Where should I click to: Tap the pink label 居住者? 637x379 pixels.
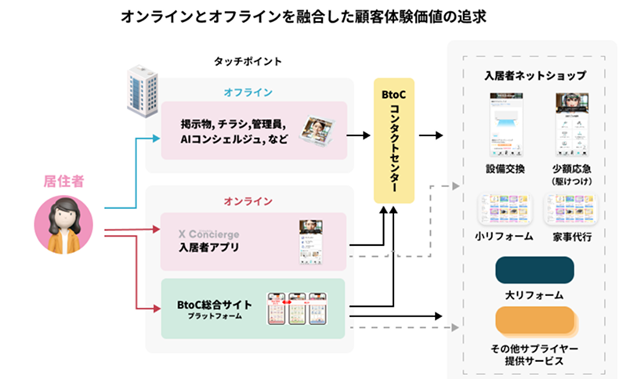[62, 182]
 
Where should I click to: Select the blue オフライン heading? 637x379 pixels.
[248, 92]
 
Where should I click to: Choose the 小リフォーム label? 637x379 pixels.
[505, 236]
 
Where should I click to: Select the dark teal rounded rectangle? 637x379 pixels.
[535, 269]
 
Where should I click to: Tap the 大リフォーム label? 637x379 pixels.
[535, 294]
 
